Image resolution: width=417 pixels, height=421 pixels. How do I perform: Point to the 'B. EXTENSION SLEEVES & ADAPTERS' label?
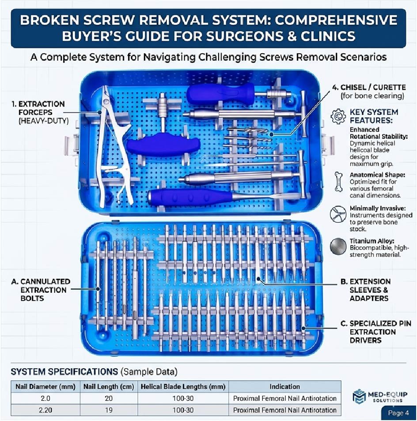370,290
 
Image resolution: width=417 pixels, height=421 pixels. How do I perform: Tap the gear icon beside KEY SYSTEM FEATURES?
338,116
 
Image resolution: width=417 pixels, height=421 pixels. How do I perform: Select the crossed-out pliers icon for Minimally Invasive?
337,213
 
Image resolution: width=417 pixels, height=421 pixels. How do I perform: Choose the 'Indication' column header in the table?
285,387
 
